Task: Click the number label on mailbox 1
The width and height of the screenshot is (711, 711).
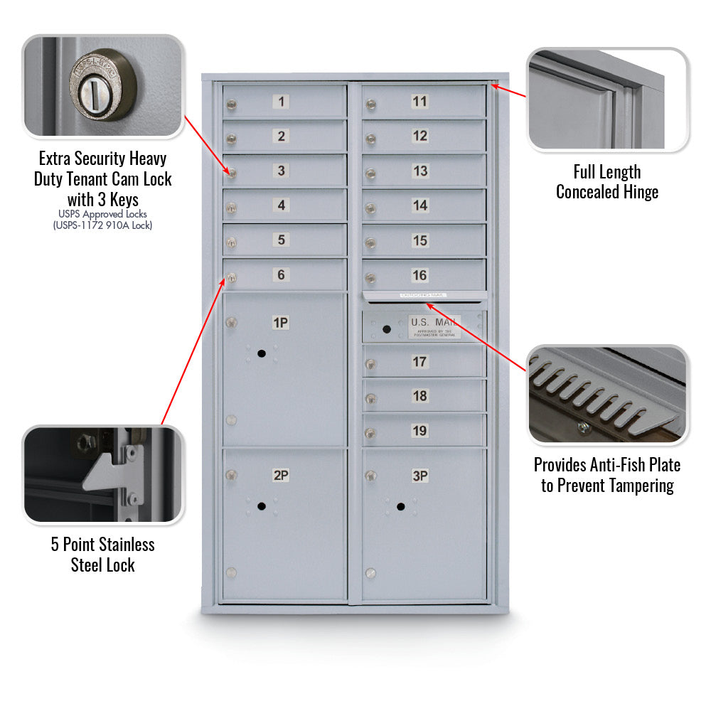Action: coord(282,102)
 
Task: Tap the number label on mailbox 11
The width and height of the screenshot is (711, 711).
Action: coord(420,102)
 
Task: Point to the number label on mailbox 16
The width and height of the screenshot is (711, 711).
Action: coord(420,275)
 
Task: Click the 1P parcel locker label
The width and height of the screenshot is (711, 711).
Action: coord(282,324)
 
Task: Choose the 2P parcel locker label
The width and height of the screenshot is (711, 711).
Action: coord(282,476)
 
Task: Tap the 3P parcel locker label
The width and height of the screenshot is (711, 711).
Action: coord(420,476)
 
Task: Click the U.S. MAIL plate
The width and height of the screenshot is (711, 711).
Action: coord(434,326)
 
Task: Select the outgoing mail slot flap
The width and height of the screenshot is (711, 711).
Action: coord(424,295)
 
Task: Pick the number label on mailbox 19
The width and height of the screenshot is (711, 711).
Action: coord(420,430)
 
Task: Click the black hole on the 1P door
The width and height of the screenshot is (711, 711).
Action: coord(262,353)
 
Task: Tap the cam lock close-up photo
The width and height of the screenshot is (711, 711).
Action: coord(103,85)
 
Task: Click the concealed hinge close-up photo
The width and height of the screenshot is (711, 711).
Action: coord(607,100)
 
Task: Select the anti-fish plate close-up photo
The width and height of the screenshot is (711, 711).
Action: coord(607,395)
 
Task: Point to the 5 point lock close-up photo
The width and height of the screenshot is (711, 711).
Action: coord(103,475)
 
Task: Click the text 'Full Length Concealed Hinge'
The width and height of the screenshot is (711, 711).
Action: coord(607,182)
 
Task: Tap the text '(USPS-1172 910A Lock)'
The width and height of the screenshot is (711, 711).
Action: coord(103,225)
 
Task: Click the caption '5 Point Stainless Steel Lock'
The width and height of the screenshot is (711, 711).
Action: coord(103,555)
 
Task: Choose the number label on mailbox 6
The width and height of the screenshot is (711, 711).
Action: coord(282,274)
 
